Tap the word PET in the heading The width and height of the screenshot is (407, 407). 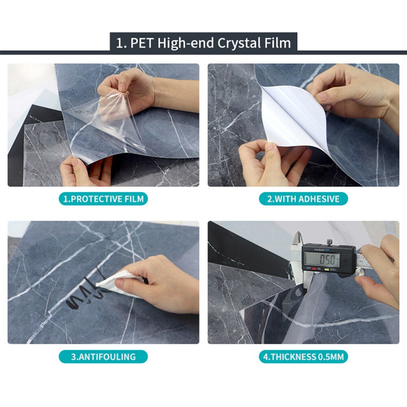[x=142, y=43]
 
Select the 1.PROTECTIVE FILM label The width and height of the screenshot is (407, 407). [x=103, y=199]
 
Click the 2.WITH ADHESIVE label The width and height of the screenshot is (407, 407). [x=303, y=199]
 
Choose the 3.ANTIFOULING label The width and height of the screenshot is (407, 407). [x=103, y=357]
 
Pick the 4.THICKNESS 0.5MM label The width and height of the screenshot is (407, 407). [x=303, y=357]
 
